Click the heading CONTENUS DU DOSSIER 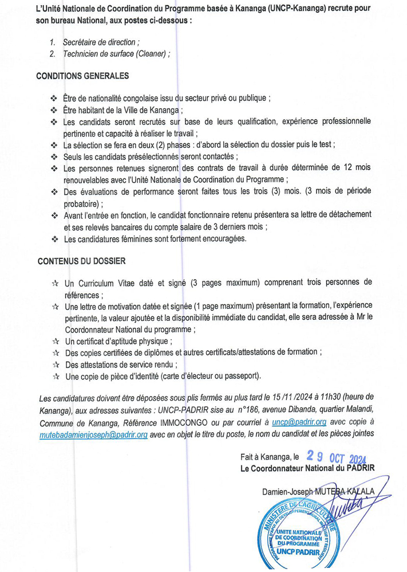[82, 260]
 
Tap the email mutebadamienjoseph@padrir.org [94, 434]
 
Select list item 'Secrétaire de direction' [101, 42]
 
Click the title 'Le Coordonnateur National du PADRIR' [307, 468]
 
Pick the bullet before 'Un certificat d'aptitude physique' [55, 340]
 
